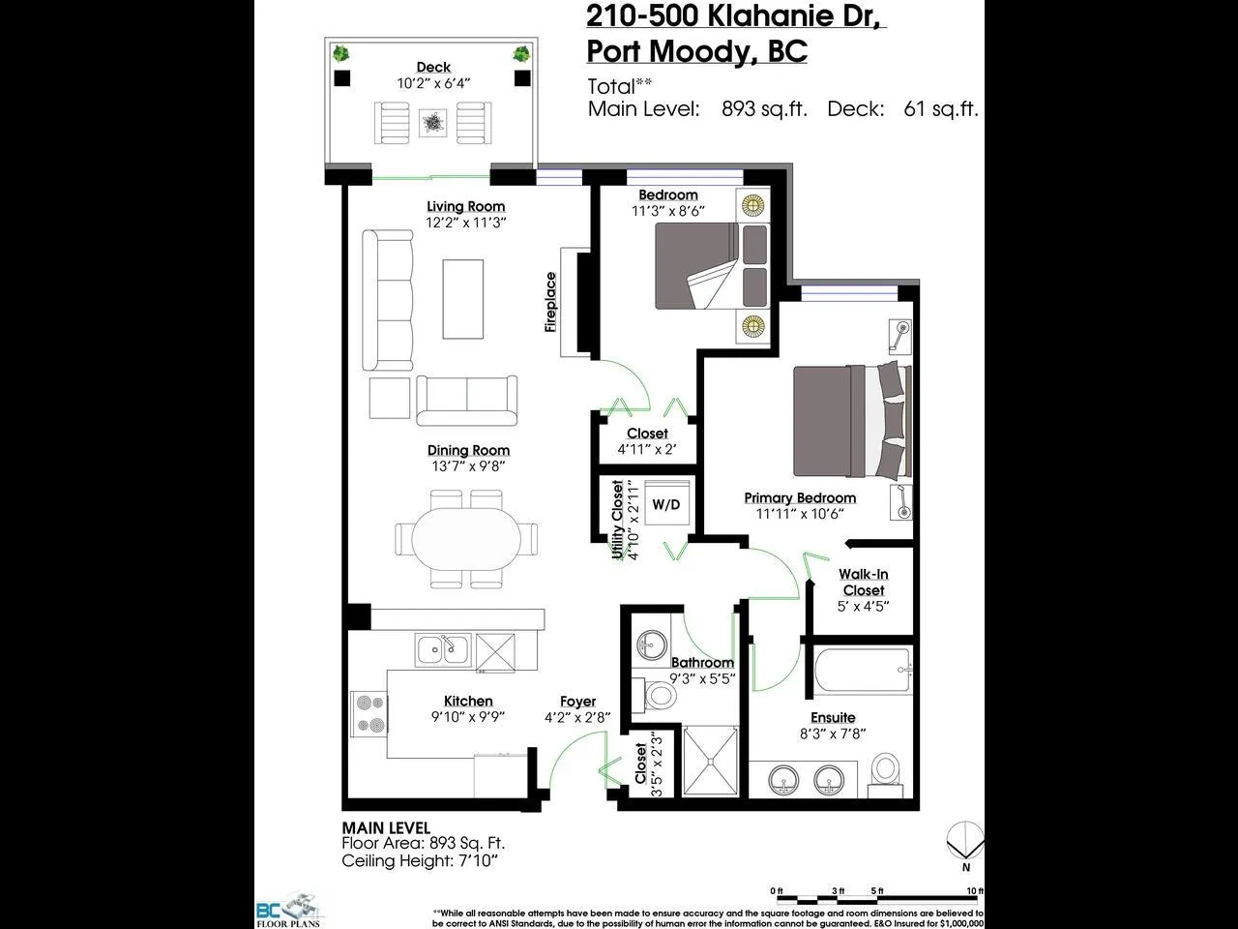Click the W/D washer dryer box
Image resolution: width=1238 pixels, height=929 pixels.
[665, 504]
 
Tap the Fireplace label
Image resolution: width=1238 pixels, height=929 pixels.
[551, 302]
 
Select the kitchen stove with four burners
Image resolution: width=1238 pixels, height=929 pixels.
[368, 713]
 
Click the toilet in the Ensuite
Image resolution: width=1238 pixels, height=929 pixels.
[886, 771]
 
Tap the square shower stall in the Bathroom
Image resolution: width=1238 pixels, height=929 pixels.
[710, 761]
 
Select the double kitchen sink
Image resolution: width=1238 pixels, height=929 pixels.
[443, 649]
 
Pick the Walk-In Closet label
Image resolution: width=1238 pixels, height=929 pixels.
[863, 583]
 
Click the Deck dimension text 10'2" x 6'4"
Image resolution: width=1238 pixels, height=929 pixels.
[433, 83]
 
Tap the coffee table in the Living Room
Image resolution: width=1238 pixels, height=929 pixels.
[462, 299]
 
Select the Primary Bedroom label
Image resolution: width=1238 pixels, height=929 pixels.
[800, 497]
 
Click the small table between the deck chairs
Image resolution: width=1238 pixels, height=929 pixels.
[433, 123]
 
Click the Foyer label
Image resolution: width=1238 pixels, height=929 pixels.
[577, 702]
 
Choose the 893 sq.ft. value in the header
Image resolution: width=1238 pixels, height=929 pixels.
[764, 109]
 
